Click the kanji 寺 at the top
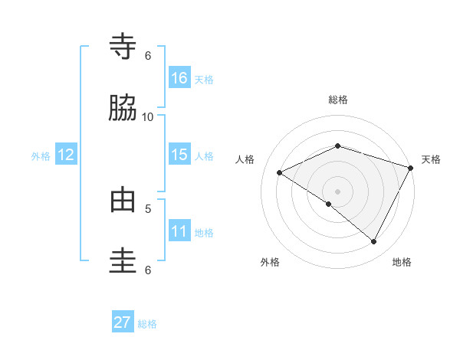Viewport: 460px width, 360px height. (x=123, y=47)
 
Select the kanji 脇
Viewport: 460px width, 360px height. (x=123, y=109)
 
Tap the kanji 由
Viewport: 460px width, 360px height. (x=123, y=200)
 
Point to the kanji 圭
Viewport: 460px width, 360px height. (x=123, y=261)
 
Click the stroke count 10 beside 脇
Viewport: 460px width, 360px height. (x=148, y=116)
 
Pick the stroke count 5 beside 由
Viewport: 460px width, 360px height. (x=148, y=208)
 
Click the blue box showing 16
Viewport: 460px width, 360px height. (x=179, y=78)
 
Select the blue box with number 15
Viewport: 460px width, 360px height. (x=179, y=155)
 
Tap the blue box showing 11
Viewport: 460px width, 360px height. (x=179, y=231)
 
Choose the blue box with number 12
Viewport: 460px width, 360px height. (x=66, y=155)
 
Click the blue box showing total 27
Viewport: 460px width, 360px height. (x=123, y=322)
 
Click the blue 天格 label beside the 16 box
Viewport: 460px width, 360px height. (x=204, y=79)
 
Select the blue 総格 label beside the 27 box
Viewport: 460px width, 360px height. (x=147, y=323)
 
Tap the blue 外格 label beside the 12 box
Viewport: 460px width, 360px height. (x=41, y=155)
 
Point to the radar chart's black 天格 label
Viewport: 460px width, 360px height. (x=431, y=159)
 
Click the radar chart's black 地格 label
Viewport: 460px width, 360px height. (x=402, y=263)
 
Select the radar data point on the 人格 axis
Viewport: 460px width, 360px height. (x=280, y=173)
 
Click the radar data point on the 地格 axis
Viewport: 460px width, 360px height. (x=373, y=242)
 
